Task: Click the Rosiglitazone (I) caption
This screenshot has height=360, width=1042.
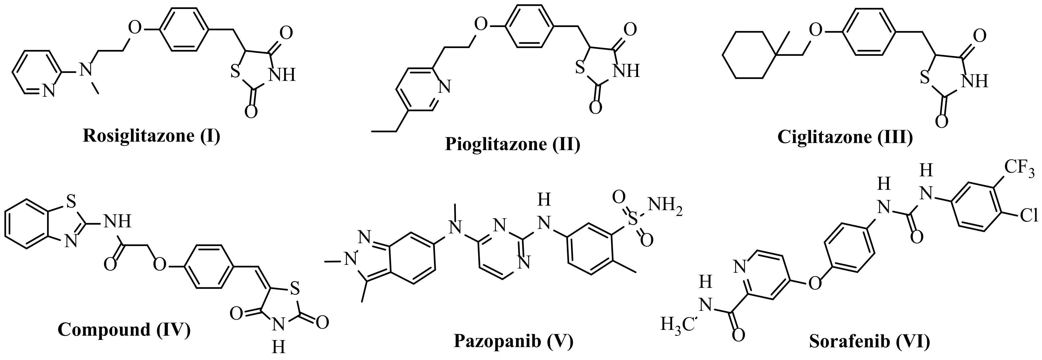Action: point(151,136)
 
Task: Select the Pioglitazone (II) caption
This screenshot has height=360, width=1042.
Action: point(513,144)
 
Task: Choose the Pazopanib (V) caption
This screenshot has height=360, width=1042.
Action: point(514,341)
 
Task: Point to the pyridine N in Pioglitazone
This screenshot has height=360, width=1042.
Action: point(445,86)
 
